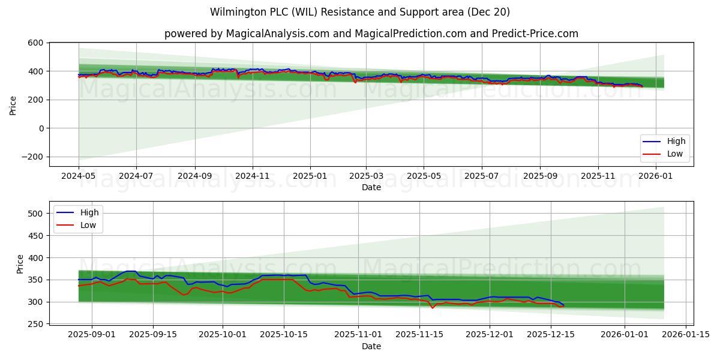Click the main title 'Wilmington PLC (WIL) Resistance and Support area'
360,12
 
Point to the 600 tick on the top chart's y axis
35,43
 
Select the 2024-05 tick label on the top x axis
79,177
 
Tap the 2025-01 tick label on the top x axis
310,177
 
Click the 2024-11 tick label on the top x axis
252,177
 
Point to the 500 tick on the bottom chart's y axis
35,214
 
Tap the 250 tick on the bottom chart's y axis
35,324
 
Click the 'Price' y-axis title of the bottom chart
20,263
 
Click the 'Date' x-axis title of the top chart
371,188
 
